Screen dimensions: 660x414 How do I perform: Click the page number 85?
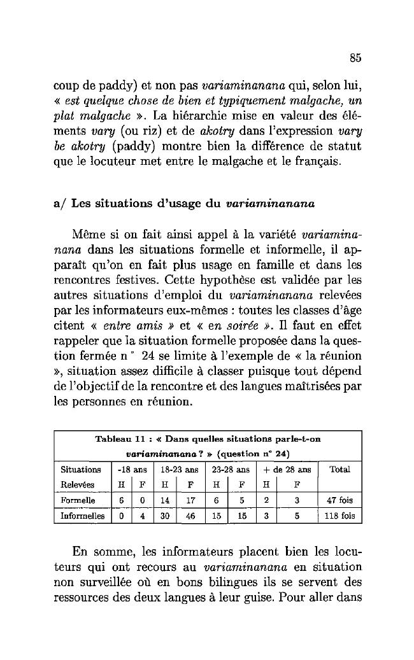(355, 59)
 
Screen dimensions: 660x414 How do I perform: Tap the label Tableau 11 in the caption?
(118, 439)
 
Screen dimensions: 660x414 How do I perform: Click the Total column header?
(339, 469)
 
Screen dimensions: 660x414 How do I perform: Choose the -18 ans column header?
(130, 469)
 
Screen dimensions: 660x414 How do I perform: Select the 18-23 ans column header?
(175, 469)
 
